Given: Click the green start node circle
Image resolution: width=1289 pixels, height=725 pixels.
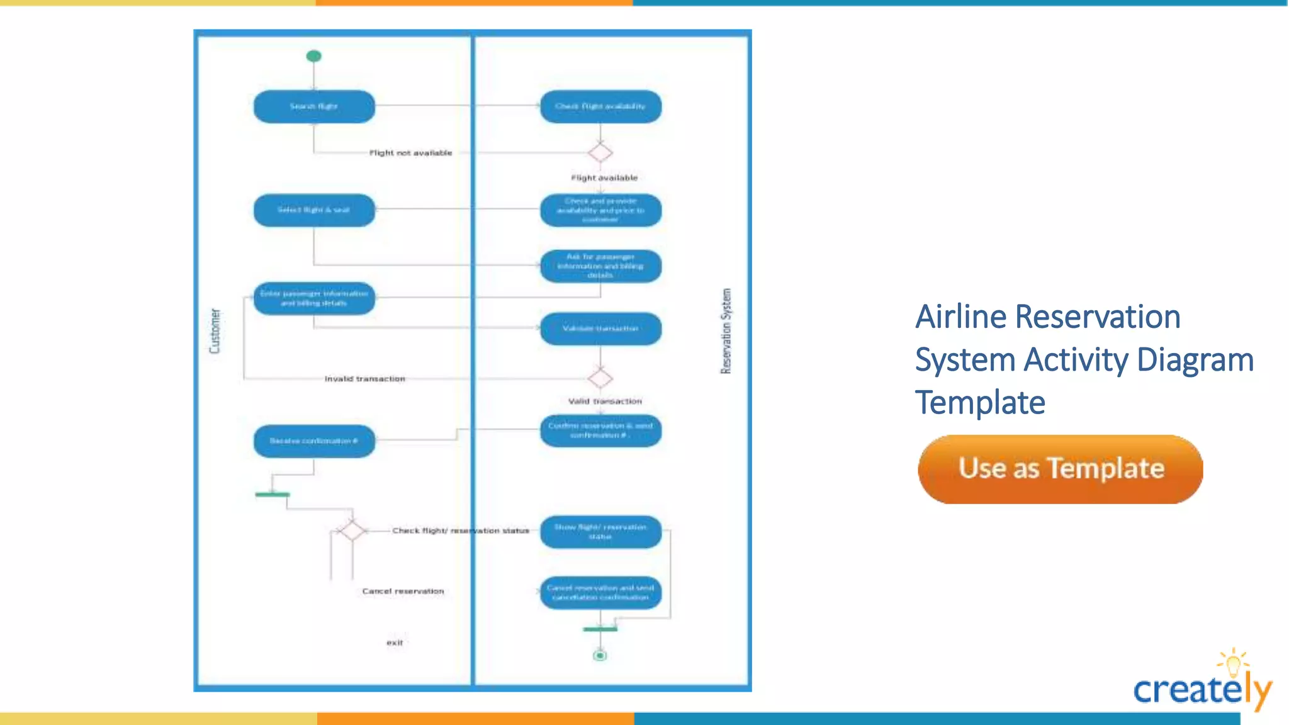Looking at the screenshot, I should point(313,56).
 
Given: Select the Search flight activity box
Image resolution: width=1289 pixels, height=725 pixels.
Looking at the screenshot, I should point(314,106).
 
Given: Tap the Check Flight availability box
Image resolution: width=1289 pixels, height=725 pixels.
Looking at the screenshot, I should point(600,106).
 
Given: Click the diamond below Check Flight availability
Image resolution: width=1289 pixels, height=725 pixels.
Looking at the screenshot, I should point(600,152).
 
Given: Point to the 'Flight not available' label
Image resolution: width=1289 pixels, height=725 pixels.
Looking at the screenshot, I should point(410,153).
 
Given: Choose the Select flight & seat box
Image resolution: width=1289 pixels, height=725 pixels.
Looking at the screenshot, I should point(314,210).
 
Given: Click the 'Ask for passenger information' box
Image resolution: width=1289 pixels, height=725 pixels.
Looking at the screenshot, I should point(600,266).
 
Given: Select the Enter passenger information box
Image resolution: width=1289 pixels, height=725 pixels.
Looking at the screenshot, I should point(314,298).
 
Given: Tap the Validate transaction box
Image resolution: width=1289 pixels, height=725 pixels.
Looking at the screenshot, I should point(600,329).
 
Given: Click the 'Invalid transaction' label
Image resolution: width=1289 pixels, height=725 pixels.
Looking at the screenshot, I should point(365,379).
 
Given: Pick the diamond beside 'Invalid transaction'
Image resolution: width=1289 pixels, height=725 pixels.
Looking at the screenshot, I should point(600,378).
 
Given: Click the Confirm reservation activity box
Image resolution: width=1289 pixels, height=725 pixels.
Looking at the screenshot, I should point(600,430).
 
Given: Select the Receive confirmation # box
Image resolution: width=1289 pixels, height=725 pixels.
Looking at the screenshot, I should point(314,441).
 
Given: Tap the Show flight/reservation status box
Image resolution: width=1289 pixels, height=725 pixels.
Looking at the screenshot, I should point(600,532).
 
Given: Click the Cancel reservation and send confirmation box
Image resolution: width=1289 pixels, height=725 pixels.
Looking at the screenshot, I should point(600,593).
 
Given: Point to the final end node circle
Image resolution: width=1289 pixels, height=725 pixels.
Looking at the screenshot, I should point(600,656).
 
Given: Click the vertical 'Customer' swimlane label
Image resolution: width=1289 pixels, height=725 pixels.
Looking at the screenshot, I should point(215,331).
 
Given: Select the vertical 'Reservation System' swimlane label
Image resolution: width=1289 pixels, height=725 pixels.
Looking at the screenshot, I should point(726,331).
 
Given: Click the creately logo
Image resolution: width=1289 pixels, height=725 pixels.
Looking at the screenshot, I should point(1202,683).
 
